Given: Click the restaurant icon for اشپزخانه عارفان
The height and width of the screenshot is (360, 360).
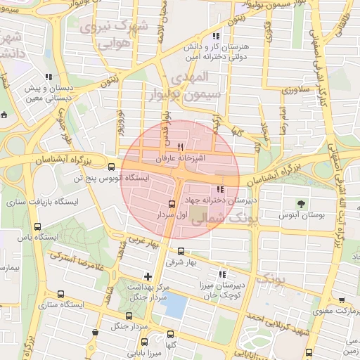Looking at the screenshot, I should tap(181, 148).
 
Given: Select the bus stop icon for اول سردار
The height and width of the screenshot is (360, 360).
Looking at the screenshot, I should tap(172, 204).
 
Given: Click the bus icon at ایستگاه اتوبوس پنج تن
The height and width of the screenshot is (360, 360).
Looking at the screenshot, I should tap(111, 167).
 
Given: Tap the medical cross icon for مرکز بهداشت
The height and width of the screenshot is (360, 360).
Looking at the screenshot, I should tap(148, 276).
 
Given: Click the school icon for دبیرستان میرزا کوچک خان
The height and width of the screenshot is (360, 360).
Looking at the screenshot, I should tap(223, 275).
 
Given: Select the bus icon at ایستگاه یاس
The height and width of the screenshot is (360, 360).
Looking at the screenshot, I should tap(37, 227).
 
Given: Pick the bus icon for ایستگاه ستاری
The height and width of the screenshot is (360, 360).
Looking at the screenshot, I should tap(61, 295).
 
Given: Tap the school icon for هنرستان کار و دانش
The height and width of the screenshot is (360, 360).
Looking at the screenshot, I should tap(215, 35).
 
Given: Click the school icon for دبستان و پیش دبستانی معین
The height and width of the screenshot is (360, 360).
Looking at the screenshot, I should tap(48, 77).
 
